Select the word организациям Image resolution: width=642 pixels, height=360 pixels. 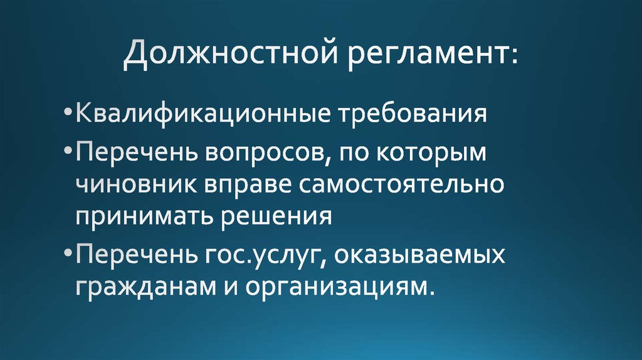(x=339, y=288)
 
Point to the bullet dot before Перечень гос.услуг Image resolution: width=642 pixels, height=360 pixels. (x=68, y=257)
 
